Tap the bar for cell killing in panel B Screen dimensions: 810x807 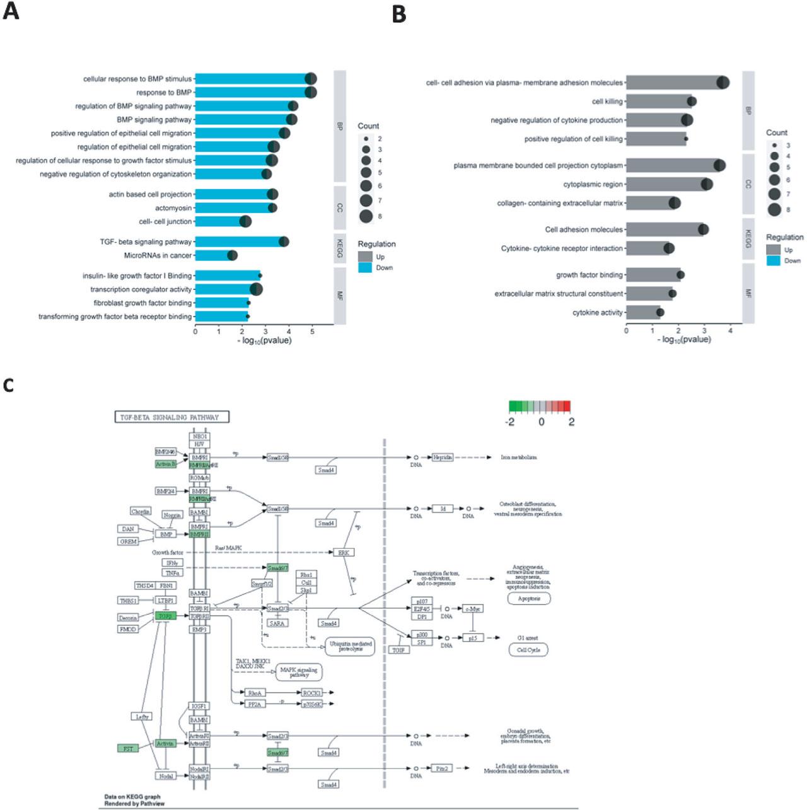click(659, 101)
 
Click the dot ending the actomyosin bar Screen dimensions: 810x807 click(272, 208)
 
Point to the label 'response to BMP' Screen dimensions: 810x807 click(164, 93)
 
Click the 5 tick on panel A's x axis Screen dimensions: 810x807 click(313, 331)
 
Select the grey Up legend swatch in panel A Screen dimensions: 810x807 click(366, 257)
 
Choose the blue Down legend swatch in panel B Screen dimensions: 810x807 click(774, 260)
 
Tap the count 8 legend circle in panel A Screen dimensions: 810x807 click(366, 216)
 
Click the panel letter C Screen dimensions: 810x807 click(8, 385)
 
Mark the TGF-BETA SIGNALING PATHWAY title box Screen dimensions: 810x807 click(171, 417)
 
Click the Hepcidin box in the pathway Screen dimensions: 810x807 click(443, 457)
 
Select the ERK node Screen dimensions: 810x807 click(344, 552)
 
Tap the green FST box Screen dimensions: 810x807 click(128, 748)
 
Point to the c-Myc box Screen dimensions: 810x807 click(472, 609)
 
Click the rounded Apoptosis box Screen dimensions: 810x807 click(529, 598)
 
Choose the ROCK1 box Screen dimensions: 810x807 click(311, 693)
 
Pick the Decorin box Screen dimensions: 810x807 click(128, 618)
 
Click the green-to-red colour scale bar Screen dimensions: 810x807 click(540, 405)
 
